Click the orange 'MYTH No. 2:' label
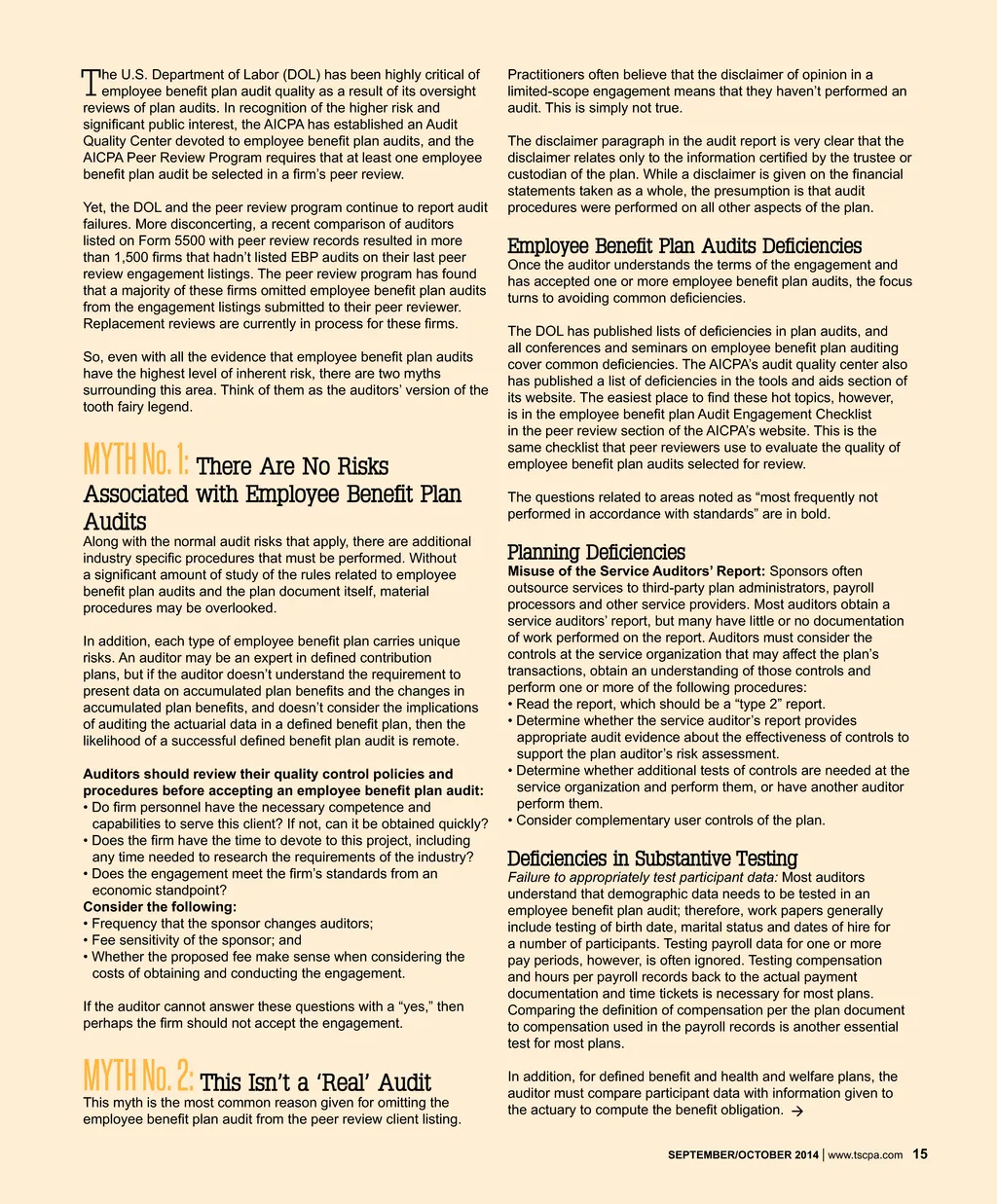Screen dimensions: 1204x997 (x=138, y=1076)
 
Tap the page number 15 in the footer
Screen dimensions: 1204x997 (x=920, y=1154)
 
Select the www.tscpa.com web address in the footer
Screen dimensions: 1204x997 (x=865, y=1155)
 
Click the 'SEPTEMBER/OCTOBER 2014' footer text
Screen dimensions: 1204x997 (x=743, y=1155)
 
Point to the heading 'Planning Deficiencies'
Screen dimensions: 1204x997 (x=596, y=553)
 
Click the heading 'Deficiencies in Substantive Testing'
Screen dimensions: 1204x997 (x=652, y=858)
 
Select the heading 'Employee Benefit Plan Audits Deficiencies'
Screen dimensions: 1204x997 (x=684, y=246)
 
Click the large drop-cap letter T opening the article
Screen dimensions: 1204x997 (x=91, y=81)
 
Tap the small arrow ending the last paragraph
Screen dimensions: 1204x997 (x=797, y=1111)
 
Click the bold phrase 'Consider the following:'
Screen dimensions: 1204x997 (x=160, y=907)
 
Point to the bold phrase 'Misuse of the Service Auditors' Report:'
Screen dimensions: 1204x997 (x=636, y=571)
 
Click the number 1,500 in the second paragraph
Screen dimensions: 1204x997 (x=133, y=257)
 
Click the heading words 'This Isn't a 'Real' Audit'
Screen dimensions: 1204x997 (x=315, y=1082)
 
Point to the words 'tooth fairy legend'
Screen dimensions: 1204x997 (x=137, y=407)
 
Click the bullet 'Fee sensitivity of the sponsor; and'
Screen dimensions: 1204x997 (x=196, y=940)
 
